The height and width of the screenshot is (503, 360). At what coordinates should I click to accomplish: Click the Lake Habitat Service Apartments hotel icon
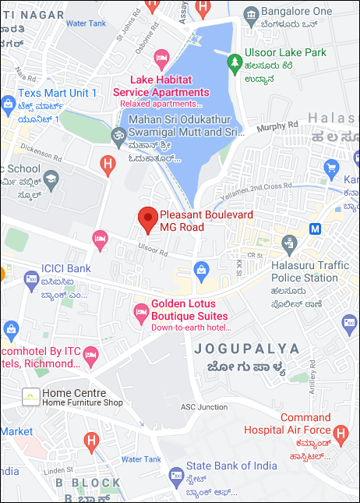pyautogui.click(x=162, y=57)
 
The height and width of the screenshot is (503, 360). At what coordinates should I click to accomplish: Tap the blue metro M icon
pyautogui.click(x=315, y=229)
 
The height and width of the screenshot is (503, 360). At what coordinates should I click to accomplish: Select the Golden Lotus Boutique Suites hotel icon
pyautogui.click(x=141, y=313)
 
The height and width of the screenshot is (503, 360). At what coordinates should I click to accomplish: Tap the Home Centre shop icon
pyautogui.click(x=30, y=396)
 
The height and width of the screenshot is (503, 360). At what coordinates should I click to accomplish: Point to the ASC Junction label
pyautogui.click(x=203, y=406)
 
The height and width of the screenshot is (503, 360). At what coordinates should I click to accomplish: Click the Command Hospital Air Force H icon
pyautogui.click(x=340, y=433)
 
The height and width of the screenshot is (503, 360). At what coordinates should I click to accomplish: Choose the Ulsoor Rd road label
pyautogui.click(x=152, y=253)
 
